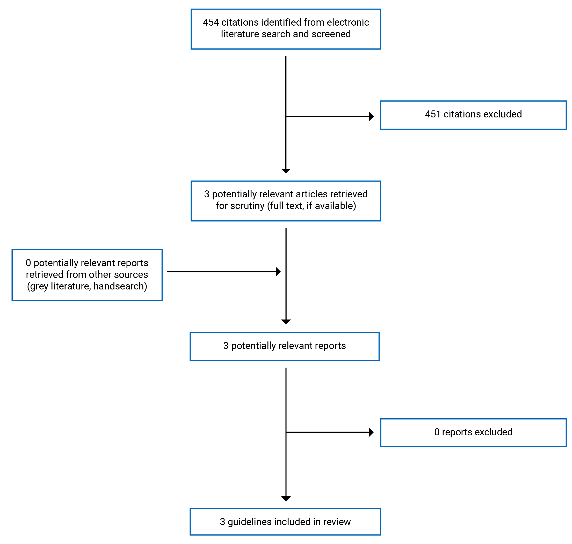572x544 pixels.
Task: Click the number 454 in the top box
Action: pos(211,22)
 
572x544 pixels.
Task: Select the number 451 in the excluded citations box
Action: pos(432,114)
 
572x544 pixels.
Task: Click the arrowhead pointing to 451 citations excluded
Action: pos(371,117)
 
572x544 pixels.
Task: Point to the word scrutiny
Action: pos(247,206)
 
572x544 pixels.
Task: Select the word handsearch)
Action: pos(120,286)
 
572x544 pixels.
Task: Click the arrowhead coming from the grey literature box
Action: pos(278,272)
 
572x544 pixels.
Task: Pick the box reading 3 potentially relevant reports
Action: pos(284,347)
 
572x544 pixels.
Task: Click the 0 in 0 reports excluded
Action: pos(437,432)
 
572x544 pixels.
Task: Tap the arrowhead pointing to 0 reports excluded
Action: pos(371,432)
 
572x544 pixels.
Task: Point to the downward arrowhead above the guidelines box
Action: pos(286,499)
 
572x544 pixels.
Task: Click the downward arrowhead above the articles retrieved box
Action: pos(286,171)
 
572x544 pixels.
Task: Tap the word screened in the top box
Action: pos(331,34)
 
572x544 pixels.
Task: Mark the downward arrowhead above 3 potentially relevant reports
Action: pos(286,322)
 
